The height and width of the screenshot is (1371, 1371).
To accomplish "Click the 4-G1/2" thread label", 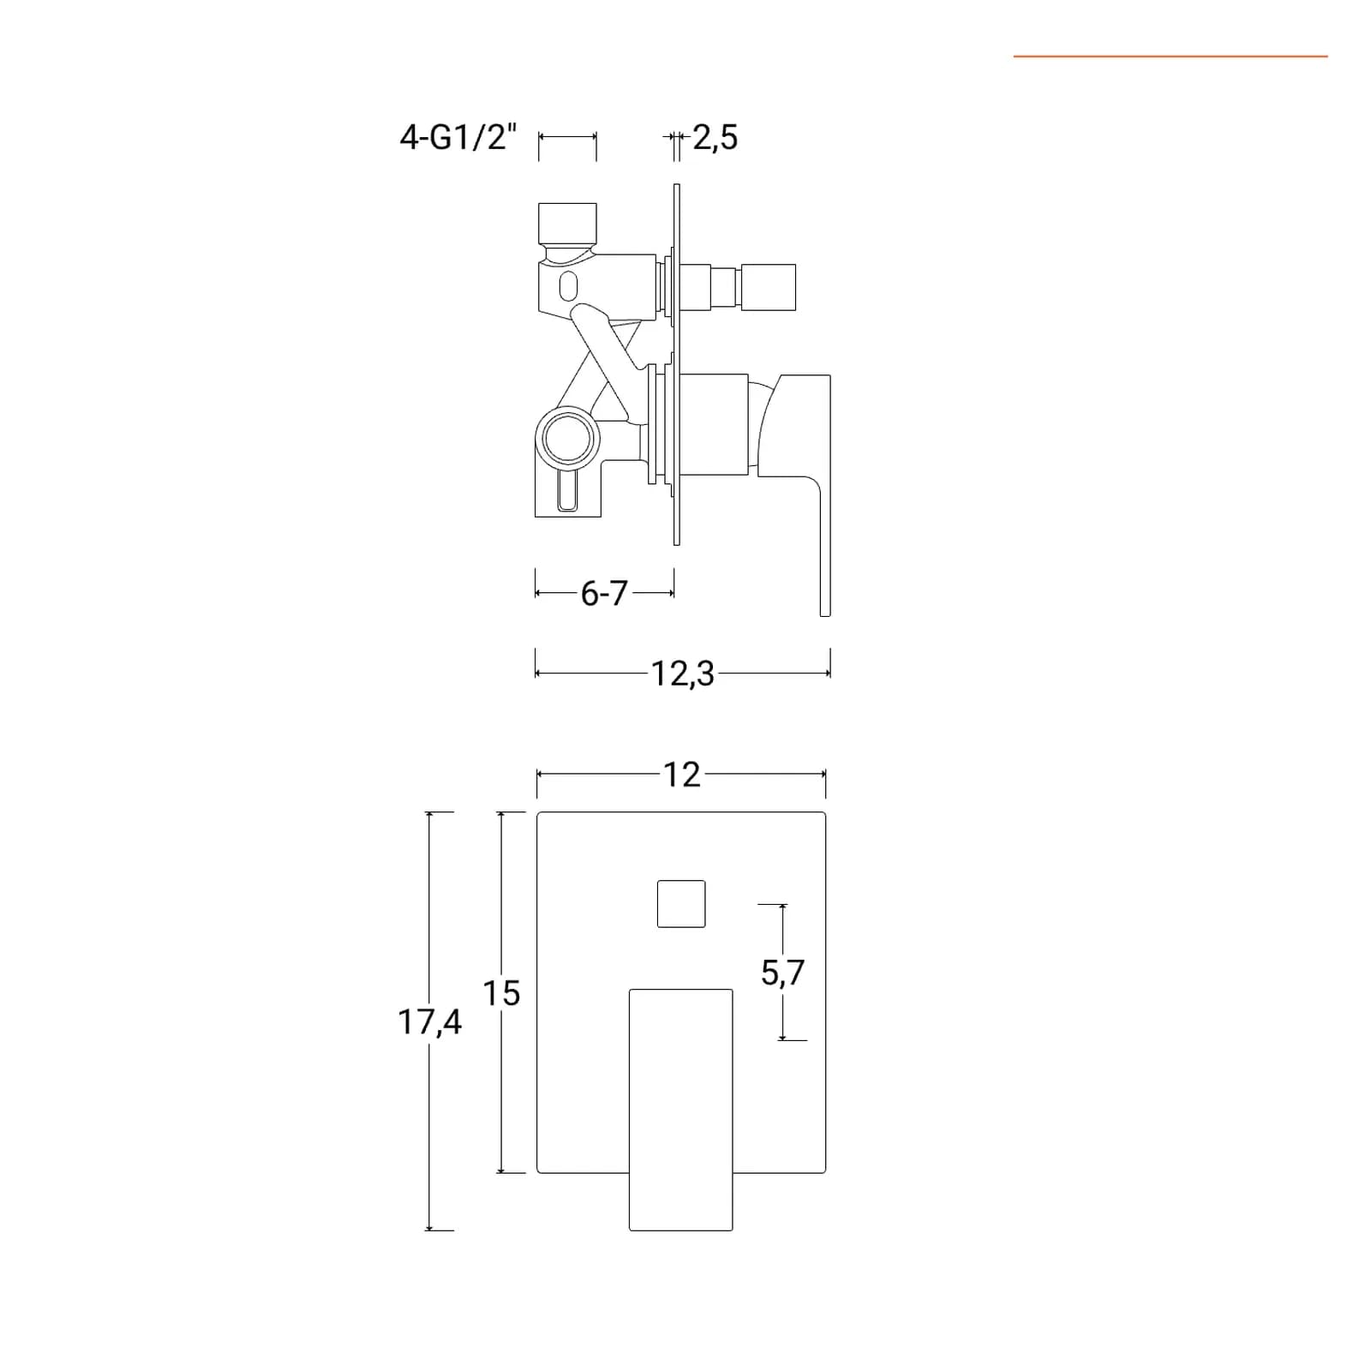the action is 458,137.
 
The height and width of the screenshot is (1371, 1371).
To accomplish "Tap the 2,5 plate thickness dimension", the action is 715,138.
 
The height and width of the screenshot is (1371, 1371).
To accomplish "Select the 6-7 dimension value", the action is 604,593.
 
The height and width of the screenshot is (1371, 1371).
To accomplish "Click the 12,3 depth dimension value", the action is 682,674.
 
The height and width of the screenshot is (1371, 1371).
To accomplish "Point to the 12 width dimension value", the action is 682,775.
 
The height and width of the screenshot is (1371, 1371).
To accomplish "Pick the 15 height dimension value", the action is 501,993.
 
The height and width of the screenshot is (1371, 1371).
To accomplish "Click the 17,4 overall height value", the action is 429,1022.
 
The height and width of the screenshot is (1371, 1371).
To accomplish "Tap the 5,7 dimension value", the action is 783,973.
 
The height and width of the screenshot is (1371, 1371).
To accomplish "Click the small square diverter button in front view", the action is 681,904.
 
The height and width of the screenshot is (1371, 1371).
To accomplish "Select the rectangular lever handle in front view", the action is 681,1110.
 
